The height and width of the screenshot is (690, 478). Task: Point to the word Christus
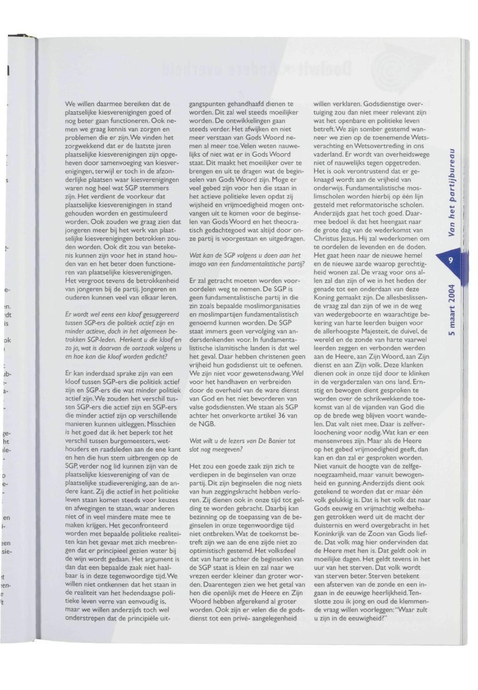[x=326, y=239]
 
